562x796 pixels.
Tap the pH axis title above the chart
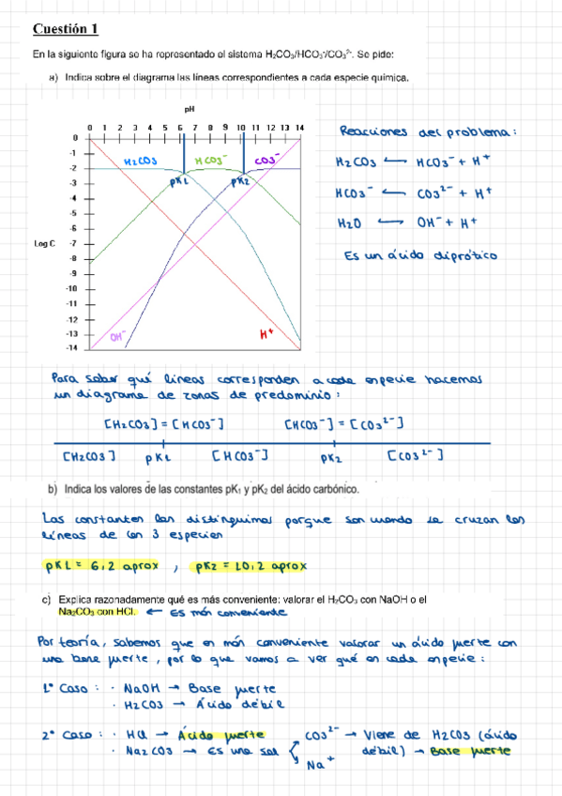tap(188, 110)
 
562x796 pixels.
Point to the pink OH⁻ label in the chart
tap(117, 335)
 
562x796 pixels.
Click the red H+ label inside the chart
tap(266, 332)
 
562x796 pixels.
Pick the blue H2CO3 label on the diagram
tap(141, 161)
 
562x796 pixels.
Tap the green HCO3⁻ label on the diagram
tap(212, 161)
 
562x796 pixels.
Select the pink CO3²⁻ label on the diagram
tap(267, 161)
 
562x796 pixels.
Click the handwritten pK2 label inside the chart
tap(239, 180)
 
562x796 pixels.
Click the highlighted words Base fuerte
tap(478, 753)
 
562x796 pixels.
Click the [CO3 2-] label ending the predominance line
tap(415, 456)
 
